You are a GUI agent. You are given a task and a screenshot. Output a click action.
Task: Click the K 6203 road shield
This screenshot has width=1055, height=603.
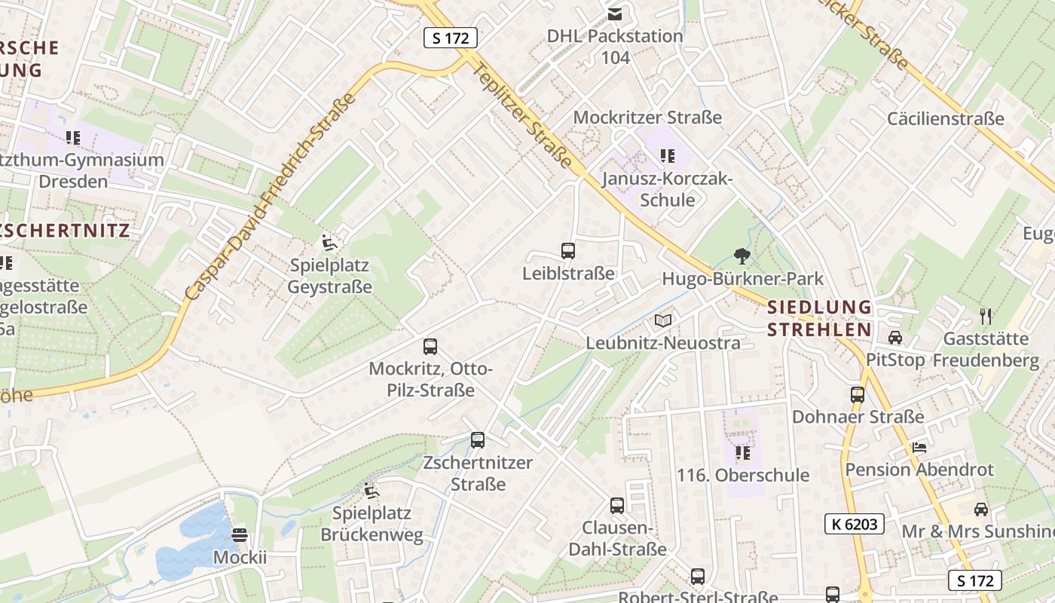(x=854, y=524)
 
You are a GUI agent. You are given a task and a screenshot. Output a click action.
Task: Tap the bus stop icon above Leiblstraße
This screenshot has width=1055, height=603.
(x=568, y=251)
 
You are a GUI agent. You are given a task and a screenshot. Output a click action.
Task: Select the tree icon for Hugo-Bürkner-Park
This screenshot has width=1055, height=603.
(x=742, y=256)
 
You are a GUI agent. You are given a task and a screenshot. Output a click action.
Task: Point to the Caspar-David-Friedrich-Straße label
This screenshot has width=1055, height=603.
(x=269, y=197)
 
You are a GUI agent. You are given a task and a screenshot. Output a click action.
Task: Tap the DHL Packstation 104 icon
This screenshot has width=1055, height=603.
(x=615, y=14)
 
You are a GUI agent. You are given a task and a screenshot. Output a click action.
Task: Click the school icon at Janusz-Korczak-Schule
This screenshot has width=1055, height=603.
(x=667, y=156)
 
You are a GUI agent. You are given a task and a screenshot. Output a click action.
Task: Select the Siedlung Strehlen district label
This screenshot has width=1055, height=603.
(x=819, y=318)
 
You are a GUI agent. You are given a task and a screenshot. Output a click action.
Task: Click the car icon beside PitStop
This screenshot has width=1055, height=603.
(x=895, y=337)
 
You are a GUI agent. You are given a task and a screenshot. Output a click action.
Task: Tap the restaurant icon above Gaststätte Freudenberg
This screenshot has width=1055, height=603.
(x=986, y=316)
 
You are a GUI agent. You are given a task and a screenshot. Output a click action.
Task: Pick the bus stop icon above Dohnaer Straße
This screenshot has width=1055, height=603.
(x=858, y=394)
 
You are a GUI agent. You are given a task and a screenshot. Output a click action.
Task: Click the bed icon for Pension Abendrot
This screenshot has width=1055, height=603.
(x=919, y=447)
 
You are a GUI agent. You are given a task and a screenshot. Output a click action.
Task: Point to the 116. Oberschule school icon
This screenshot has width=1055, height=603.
(x=743, y=453)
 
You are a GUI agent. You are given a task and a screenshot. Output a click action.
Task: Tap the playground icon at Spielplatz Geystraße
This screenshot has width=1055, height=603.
(x=329, y=243)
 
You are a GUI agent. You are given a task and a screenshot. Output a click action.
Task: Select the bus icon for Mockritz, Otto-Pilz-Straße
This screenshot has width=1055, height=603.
(x=430, y=347)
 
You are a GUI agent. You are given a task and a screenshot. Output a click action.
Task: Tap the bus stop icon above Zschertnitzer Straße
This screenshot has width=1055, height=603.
(x=477, y=440)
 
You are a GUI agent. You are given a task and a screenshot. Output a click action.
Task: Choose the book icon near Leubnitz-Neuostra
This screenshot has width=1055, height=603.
(x=663, y=321)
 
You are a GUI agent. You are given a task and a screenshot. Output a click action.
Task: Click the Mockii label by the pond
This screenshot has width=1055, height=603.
(x=240, y=557)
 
